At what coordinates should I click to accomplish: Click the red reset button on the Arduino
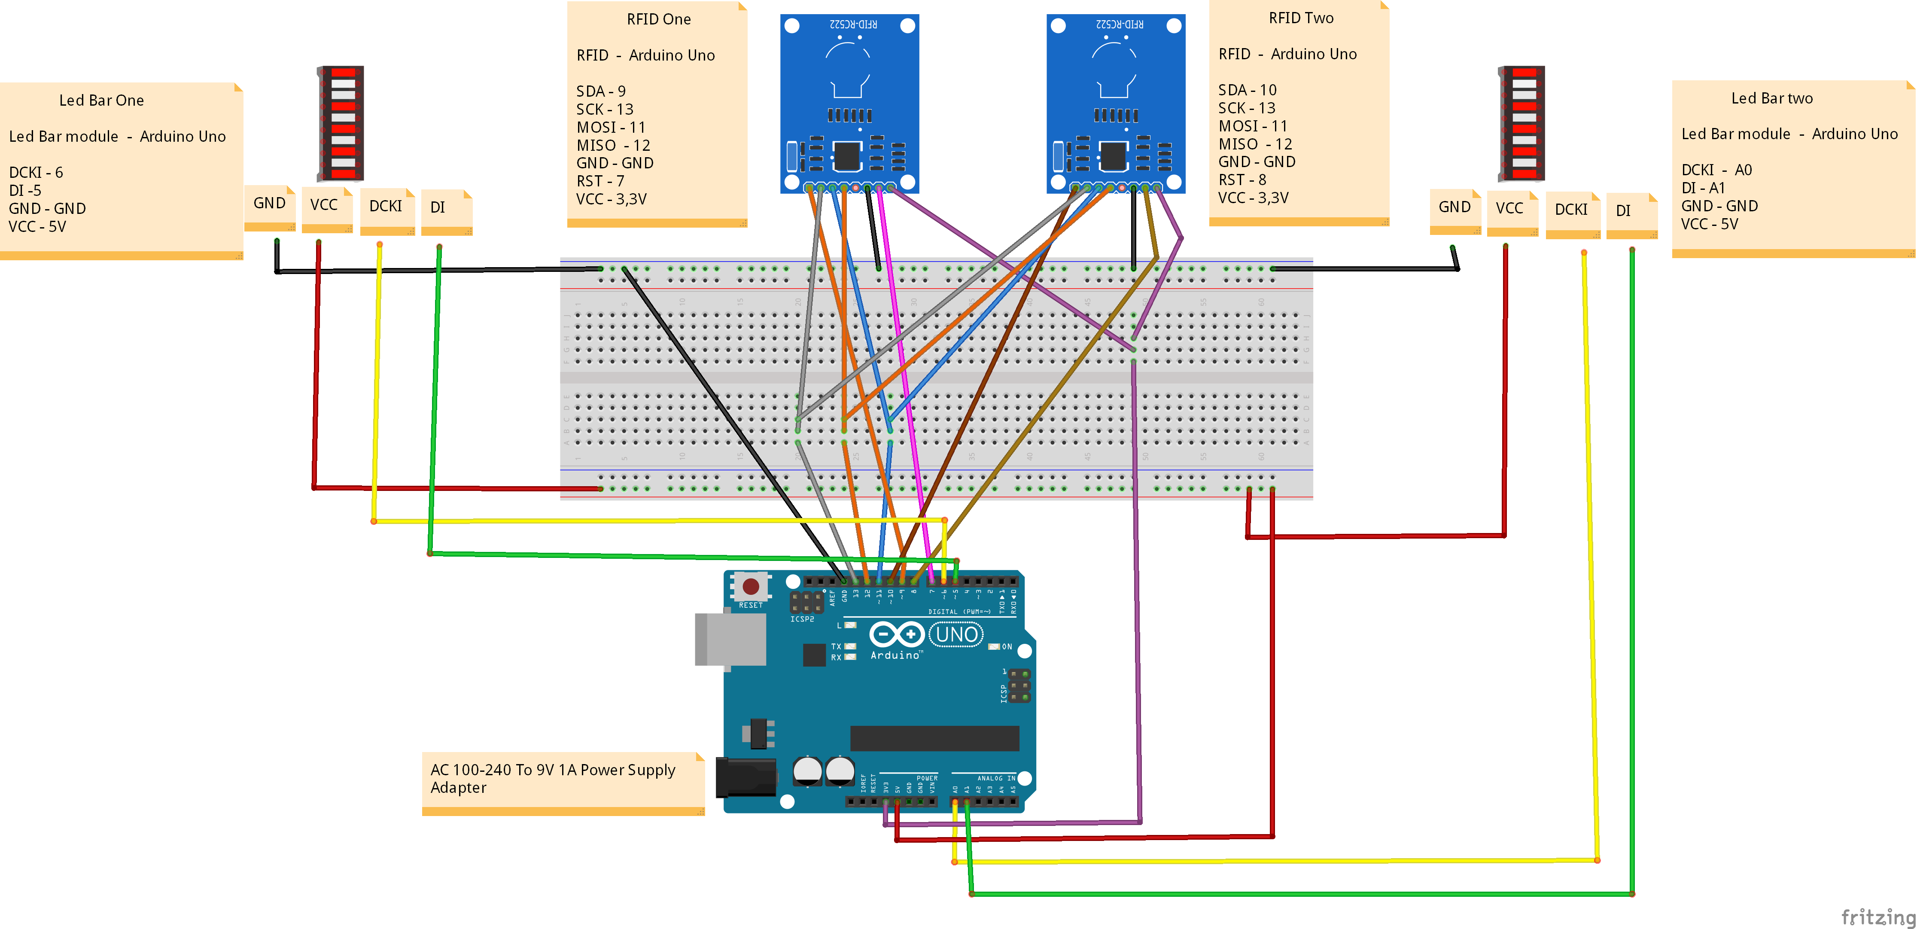751,587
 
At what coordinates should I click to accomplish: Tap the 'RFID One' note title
659,19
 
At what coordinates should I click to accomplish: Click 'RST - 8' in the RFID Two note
1242,180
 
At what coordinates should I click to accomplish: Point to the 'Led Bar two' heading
1772,98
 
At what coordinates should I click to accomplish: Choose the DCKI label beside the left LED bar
386,206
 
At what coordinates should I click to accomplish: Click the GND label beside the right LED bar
1454,207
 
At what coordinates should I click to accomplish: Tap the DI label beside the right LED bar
1623,210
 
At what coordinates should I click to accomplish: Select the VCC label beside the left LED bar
324,205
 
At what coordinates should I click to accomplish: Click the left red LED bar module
341,123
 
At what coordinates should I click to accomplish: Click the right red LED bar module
1522,123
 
